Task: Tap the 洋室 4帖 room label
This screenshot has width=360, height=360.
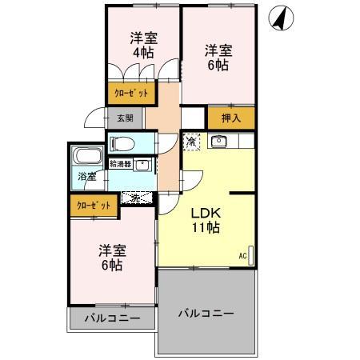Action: coord(143,45)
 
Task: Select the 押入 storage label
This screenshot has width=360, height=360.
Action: coord(230,118)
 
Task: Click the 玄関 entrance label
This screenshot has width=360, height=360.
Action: coord(126,118)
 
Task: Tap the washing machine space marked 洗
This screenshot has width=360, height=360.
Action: coord(136,197)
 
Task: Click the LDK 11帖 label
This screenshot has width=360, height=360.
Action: coord(205,220)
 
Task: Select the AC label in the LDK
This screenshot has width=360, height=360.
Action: coord(242,256)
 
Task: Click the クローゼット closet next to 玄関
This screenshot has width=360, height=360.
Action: coord(130,94)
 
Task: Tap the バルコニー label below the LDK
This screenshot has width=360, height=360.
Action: coord(206,313)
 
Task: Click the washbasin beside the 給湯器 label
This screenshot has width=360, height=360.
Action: coord(142,166)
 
